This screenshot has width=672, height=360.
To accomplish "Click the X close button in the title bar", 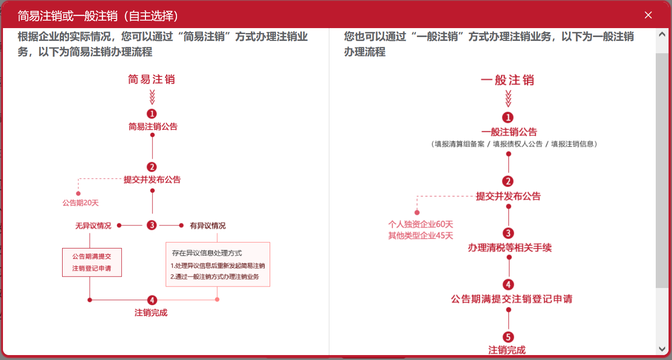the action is pos(648,15).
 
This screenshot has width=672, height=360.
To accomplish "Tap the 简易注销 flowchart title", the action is pos(151,79).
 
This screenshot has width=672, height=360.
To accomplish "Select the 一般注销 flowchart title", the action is pos(508,80).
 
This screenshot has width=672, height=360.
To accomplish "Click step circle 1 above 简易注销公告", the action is pos(152,114).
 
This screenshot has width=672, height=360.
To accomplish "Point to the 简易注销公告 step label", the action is pos(153,127).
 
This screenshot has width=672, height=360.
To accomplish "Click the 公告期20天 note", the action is pos(77,202).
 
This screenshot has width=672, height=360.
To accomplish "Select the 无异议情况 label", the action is pos(93,226).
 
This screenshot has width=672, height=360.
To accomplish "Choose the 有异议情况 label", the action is pos(208,226).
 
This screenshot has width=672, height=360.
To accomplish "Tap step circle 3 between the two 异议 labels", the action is pos(152,225).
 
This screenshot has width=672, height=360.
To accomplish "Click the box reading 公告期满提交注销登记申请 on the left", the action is pos(92,262).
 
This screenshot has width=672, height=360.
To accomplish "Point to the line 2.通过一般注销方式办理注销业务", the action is pos(214,277).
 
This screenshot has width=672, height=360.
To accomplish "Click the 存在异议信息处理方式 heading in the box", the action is pos(207,253).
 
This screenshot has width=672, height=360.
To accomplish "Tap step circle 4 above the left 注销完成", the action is pos(152,300).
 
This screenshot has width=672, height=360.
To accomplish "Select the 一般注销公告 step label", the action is pos(509,132).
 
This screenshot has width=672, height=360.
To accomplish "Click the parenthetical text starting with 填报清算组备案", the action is pos(514,144).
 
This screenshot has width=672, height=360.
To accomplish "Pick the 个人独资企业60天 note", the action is pos(421,224).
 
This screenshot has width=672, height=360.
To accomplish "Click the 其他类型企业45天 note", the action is pos(421,236).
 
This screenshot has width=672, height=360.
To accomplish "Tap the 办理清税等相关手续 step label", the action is pos(509,248).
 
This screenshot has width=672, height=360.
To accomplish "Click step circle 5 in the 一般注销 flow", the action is pos(508,337).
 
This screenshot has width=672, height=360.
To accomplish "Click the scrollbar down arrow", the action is pos(662,349).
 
